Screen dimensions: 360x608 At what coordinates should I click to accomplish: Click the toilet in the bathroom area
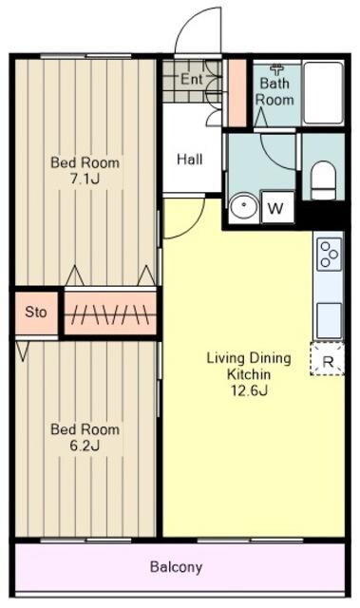323,180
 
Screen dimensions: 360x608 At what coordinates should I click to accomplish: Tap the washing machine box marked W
276,207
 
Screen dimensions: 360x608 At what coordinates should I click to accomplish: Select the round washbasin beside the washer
243,206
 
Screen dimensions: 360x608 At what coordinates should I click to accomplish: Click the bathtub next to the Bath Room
323,93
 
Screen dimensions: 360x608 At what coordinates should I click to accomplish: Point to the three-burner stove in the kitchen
329,255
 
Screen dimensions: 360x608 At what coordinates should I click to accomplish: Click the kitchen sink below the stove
329,320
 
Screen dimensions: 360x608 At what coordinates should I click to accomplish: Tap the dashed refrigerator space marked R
328,359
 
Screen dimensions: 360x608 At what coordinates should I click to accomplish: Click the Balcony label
177,567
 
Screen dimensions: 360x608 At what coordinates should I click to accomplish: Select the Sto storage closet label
36,312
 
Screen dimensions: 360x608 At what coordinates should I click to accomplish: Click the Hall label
190,160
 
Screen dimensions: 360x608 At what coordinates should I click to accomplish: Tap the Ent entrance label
192,80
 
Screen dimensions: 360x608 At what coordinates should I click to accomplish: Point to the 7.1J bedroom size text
85,179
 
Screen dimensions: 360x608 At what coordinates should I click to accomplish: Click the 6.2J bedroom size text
85,446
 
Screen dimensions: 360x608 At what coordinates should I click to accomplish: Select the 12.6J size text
250,390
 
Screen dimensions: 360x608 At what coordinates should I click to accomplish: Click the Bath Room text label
275,91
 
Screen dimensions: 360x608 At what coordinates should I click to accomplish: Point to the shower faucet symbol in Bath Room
277,70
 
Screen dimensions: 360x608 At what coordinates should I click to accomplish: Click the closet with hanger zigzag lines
110,313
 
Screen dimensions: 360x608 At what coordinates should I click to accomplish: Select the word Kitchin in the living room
249,374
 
